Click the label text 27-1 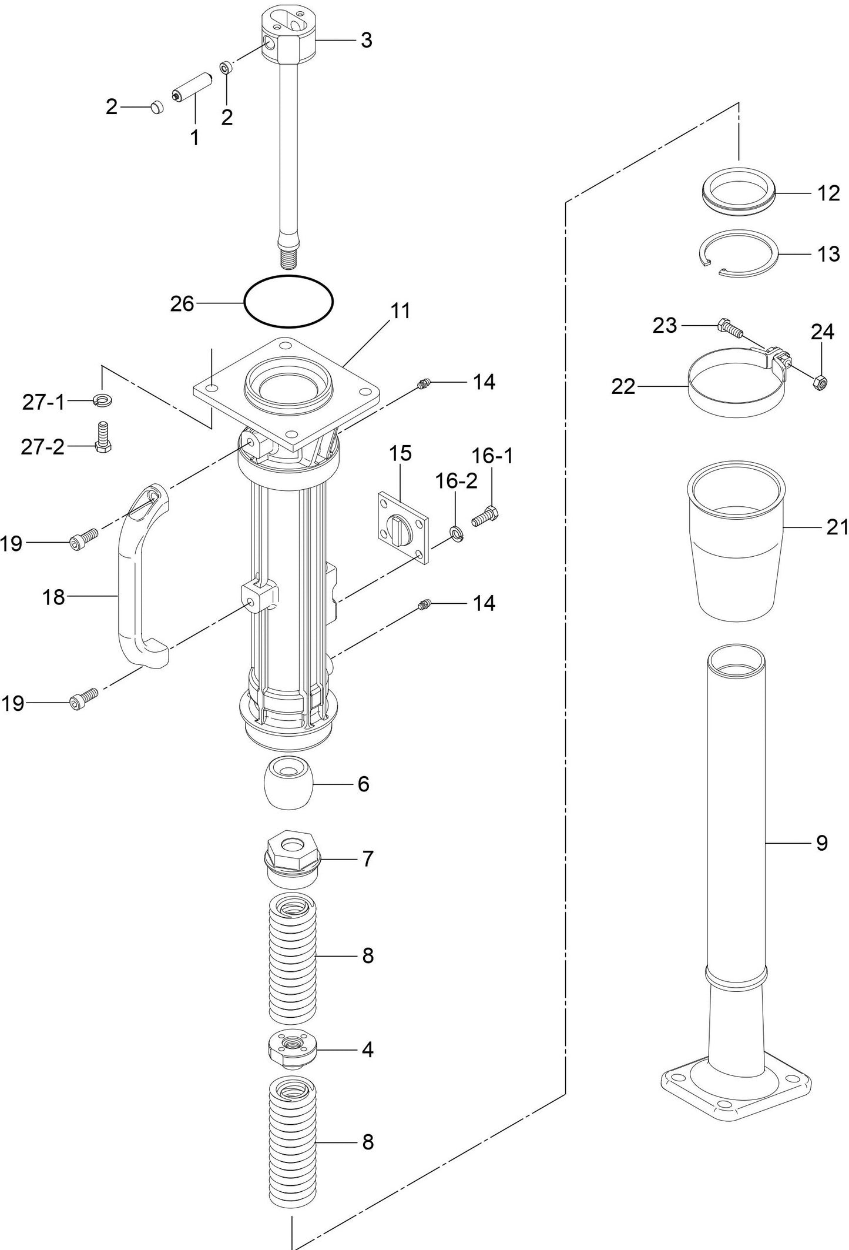[x=43, y=403]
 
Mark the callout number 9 [x=821, y=843]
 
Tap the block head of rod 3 [x=287, y=35]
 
